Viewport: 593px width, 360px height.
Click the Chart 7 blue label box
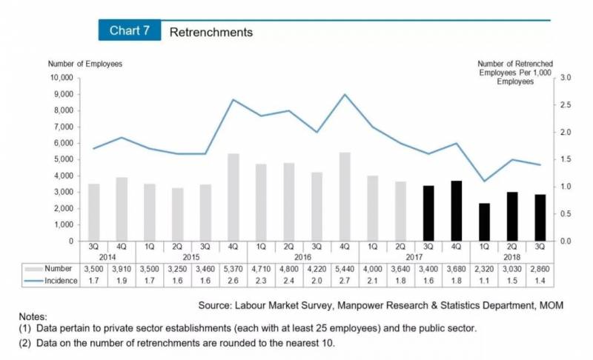(130, 31)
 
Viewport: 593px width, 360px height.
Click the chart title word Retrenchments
(211, 32)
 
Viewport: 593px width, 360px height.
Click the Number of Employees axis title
(85, 64)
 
